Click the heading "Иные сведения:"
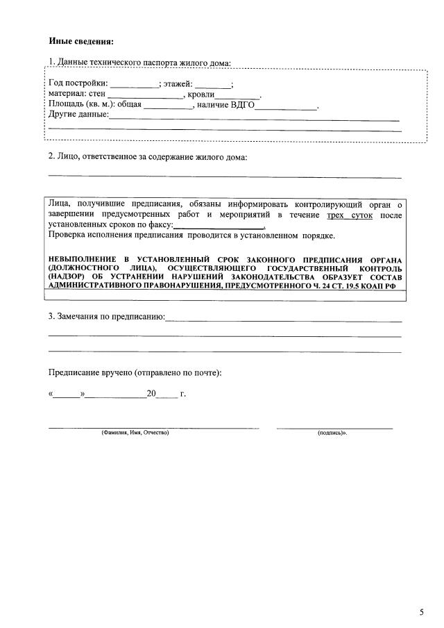[81, 40]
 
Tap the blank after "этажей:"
[217, 84]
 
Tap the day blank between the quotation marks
[67, 394]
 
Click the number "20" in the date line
[152, 394]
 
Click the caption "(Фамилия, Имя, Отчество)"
[135, 433]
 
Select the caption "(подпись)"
[332, 433]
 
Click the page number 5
[421, 612]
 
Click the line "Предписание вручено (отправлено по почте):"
[135, 373]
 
